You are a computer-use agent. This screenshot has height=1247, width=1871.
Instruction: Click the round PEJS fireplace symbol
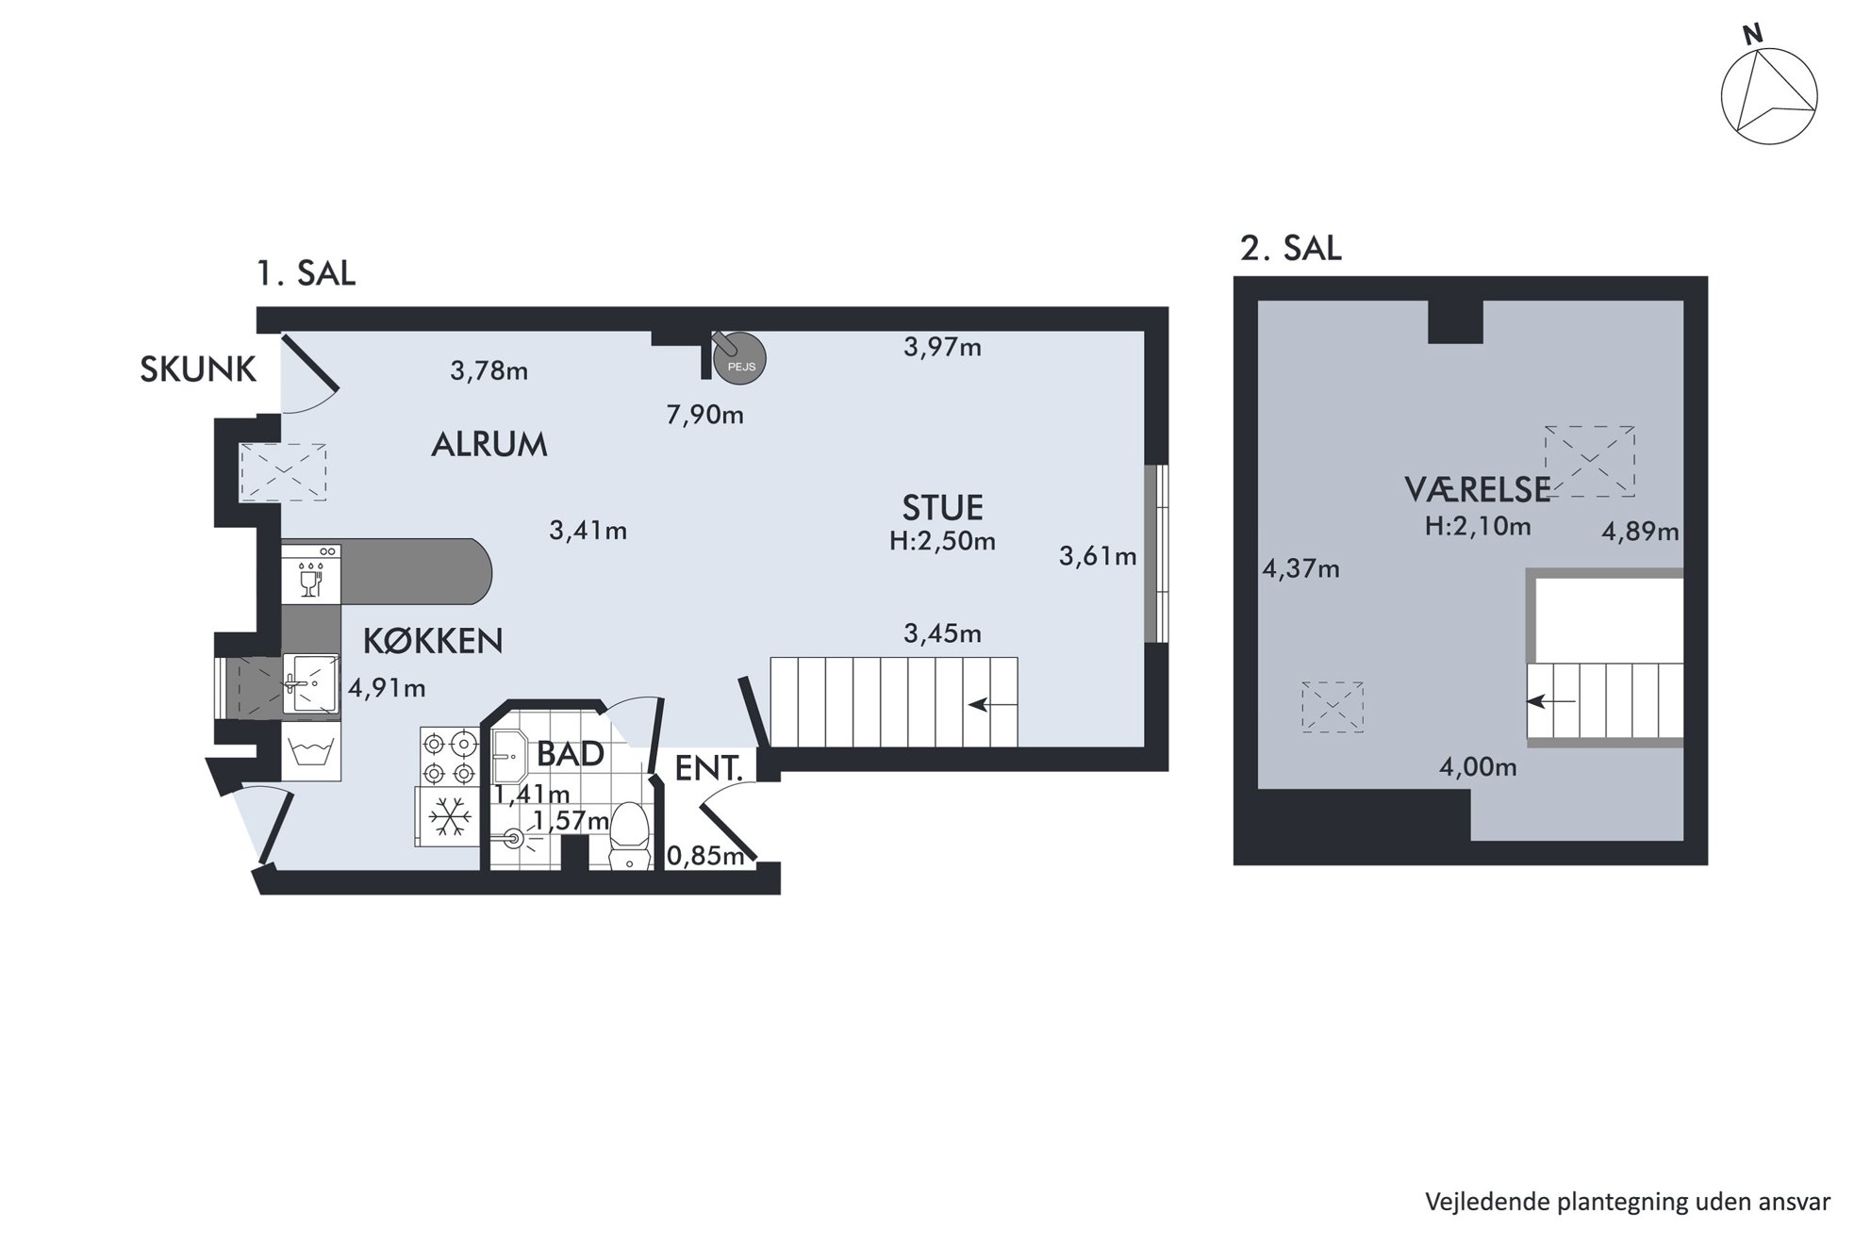[740, 359]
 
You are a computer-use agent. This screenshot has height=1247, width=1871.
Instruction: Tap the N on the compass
[1752, 36]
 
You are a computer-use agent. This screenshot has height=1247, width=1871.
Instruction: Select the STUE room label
[942, 508]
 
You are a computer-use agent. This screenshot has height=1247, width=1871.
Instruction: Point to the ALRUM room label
[488, 444]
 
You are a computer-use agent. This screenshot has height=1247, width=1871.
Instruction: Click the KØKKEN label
[433, 641]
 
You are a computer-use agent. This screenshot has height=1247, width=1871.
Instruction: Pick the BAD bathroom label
[571, 754]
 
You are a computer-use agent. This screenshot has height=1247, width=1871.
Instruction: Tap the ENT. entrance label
[709, 768]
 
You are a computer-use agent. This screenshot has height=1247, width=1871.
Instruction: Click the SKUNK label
[198, 369]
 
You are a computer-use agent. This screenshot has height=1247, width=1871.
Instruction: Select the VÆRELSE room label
[1478, 489]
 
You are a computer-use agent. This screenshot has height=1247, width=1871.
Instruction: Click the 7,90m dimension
[705, 415]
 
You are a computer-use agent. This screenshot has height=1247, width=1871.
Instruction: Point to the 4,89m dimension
[1641, 532]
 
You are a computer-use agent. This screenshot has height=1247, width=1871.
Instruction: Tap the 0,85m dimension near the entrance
[706, 856]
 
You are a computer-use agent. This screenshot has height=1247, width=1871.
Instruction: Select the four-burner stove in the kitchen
[450, 759]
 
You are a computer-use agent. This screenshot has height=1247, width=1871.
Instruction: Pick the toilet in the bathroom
[629, 835]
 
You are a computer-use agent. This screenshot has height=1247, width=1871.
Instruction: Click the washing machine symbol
[311, 751]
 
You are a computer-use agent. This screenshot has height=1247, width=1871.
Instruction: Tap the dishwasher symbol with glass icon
[311, 572]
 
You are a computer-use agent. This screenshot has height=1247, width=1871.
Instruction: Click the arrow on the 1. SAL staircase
[990, 704]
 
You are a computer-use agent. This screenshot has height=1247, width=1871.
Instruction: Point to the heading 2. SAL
[1290, 248]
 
